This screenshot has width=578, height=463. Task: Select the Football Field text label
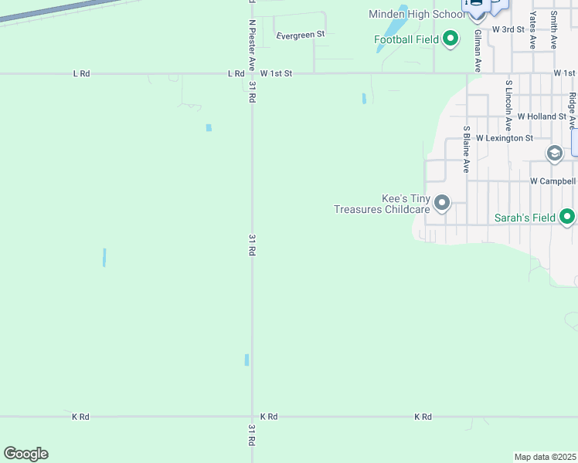click(x=406, y=39)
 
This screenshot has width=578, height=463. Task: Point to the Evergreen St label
click(x=301, y=35)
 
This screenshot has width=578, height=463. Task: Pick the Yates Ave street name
click(x=533, y=31)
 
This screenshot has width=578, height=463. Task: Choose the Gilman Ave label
click(x=478, y=48)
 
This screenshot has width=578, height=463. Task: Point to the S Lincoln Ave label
click(x=508, y=104)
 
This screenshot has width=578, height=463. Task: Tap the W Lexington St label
click(x=505, y=138)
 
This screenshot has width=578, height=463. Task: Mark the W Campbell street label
click(x=552, y=181)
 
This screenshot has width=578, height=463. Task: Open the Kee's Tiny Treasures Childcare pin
click(x=442, y=203)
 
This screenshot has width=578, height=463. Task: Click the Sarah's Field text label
click(x=525, y=218)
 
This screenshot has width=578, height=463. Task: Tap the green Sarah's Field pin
click(x=568, y=217)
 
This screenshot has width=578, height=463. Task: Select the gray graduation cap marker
click(x=554, y=153)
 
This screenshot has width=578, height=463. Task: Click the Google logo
click(x=25, y=454)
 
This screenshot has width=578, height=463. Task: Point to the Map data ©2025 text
click(x=545, y=457)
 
